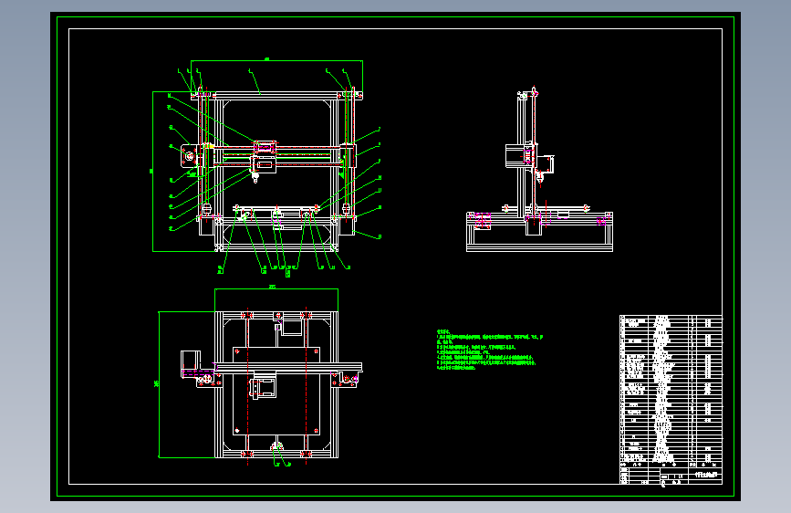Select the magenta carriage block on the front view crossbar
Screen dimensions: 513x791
[x=265, y=146]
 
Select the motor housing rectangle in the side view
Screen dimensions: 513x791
[x=516, y=156]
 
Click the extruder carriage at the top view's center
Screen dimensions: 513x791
[x=264, y=388]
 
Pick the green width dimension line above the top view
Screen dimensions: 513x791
[x=276, y=289]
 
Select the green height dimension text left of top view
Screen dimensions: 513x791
[x=156, y=384]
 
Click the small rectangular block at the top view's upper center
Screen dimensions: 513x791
[x=291, y=322]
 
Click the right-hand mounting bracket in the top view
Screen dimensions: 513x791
[x=349, y=380]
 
